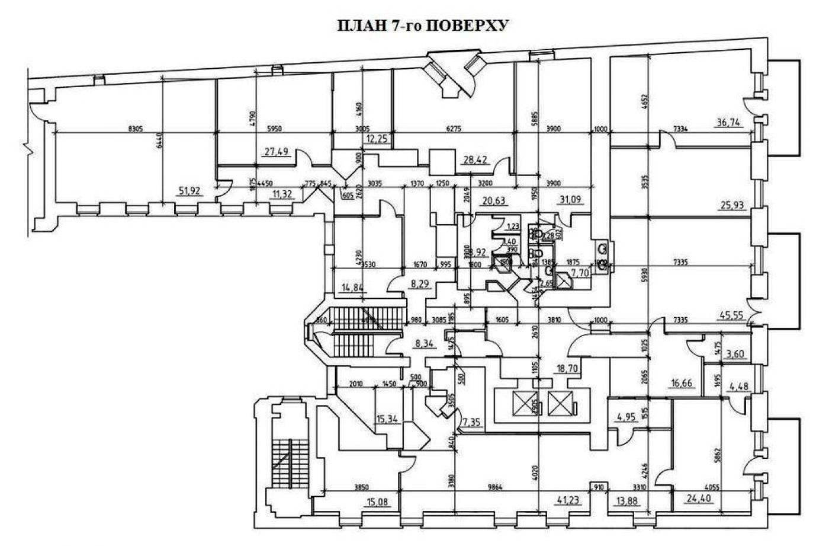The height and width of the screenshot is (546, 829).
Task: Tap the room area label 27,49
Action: pyautogui.click(x=276, y=152)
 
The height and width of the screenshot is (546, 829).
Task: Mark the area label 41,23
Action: pyautogui.click(x=569, y=499)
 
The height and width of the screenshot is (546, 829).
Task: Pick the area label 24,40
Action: pyautogui.click(x=699, y=499)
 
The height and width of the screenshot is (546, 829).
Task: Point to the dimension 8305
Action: pyautogui.click(x=137, y=127)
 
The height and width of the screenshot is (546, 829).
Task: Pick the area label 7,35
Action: pyautogui.click(x=473, y=422)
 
